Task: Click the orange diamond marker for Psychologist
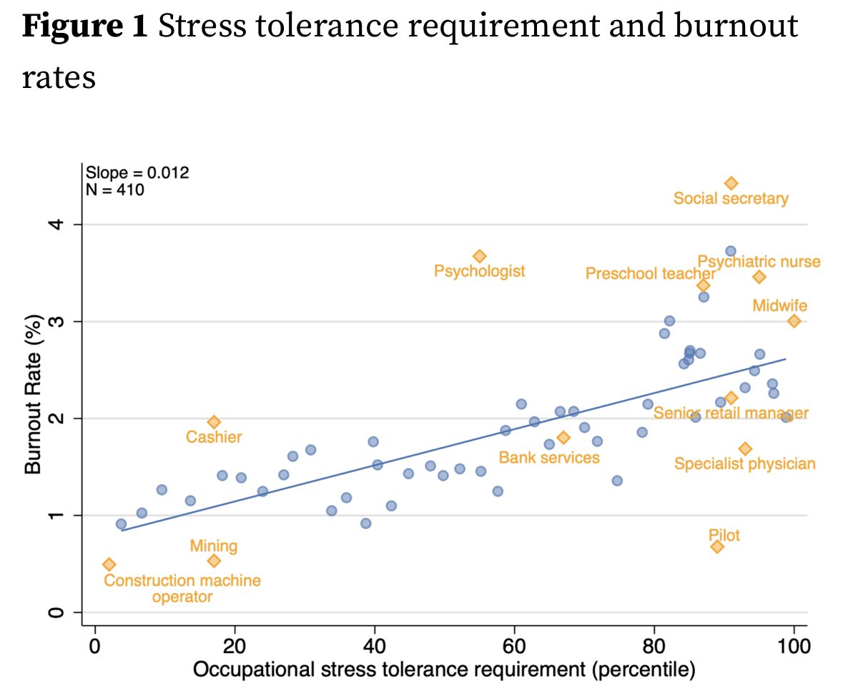coord(479,256)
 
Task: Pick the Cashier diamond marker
coord(214,422)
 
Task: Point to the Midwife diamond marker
coord(794,321)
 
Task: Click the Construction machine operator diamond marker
coord(109,564)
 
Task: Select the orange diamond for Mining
coord(214,561)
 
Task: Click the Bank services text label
coord(548,458)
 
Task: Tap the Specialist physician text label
coord(744,464)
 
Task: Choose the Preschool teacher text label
coord(650,274)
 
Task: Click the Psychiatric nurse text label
coord(759,262)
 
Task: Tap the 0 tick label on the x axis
coord(94,649)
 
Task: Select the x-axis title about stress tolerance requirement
coord(443,670)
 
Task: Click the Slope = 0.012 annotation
coord(137,173)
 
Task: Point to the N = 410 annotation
coord(115,190)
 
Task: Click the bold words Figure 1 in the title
coord(85,27)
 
